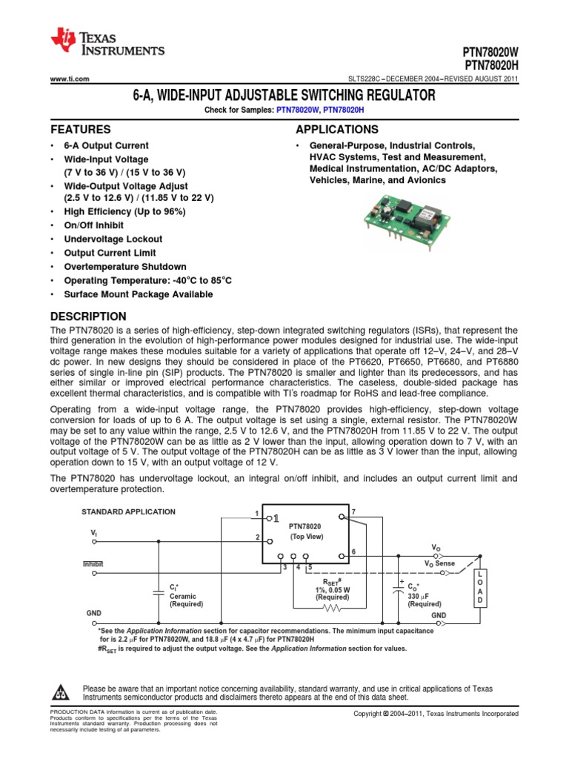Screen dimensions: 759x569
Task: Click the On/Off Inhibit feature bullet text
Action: pyautogui.click(x=94, y=225)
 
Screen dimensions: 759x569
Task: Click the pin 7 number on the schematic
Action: pyautogui.click(x=353, y=512)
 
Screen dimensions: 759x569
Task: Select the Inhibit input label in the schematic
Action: pyautogui.click(x=93, y=564)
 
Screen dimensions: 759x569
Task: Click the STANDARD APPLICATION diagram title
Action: pyautogui.click(x=128, y=511)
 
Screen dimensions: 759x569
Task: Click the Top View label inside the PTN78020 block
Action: pyautogui.click(x=306, y=536)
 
